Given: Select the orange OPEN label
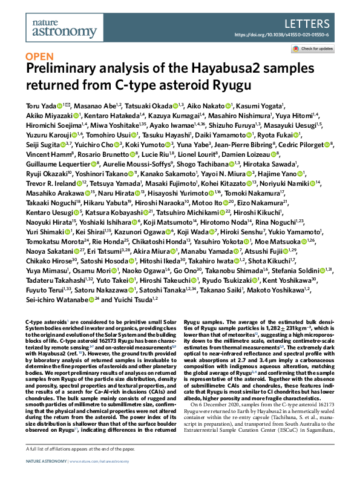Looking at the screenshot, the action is pyautogui.click(x=39, y=57).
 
